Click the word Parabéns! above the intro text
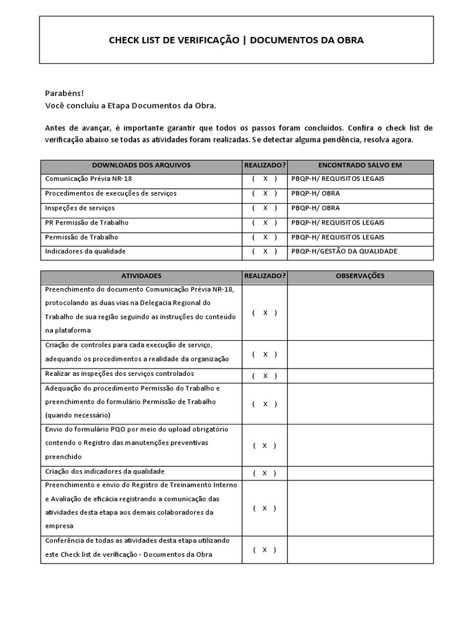point(64,93)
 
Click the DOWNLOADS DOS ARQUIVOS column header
point(141,165)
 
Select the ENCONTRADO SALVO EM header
point(360,165)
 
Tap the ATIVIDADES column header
point(141,276)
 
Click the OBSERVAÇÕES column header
point(360,276)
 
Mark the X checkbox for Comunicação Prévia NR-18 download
point(265,179)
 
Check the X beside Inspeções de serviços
point(265,209)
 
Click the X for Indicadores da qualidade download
point(265,252)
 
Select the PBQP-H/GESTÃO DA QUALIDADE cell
point(344,252)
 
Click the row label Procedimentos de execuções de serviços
point(111,194)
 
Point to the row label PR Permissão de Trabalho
point(87,223)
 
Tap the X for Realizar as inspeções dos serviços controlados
point(265,376)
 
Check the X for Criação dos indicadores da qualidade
point(265,473)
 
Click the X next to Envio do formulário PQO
point(265,445)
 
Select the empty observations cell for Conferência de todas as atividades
point(360,549)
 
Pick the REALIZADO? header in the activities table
point(265,276)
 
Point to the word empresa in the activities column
point(59,526)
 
